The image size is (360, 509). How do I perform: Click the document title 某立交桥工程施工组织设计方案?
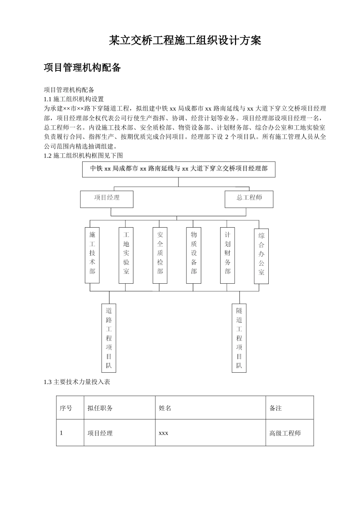click(x=185, y=41)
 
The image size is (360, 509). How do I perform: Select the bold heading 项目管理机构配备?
click(x=82, y=68)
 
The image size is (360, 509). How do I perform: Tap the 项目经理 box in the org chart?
click(x=106, y=199)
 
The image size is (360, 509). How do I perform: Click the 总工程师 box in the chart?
click(x=249, y=199)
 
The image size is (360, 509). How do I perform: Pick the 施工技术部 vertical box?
click(x=92, y=255)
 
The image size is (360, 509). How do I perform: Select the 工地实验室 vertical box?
click(x=126, y=255)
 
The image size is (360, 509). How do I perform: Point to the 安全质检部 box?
click(x=160, y=255)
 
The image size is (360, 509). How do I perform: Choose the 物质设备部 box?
click(x=194, y=255)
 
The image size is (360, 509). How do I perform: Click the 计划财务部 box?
click(x=227, y=255)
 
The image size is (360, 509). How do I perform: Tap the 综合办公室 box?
click(x=261, y=256)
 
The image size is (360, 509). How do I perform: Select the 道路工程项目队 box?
click(x=109, y=338)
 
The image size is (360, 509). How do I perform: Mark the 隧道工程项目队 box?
click(x=239, y=338)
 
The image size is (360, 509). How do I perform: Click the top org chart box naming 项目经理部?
click(x=179, y=169)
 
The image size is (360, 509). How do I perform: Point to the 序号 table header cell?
click(x=66, y=408)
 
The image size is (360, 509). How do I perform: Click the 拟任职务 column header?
click(x=100, y=408)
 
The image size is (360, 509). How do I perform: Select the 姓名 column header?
click(x=165, y=408)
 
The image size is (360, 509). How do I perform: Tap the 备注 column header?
click(x=275, y=408)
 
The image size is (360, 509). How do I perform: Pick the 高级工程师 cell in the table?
click(x=285, y=433)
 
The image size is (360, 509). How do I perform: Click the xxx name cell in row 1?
click(x=163, y=433)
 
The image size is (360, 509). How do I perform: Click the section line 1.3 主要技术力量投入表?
click(x=77, y=382)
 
